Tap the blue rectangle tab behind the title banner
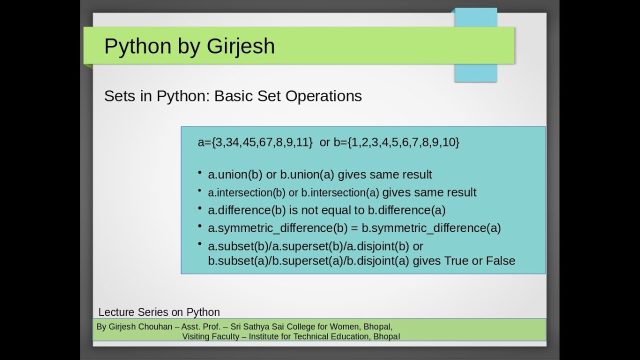475,72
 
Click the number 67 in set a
265,142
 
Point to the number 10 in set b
448,142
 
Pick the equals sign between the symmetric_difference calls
354,228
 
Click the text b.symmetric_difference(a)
431,228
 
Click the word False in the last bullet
499,260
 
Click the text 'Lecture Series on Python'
159,312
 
